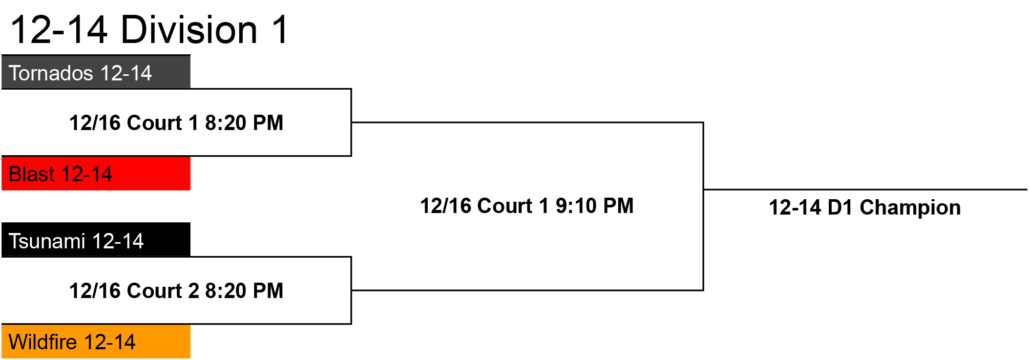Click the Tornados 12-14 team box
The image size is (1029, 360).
tap(96, 72)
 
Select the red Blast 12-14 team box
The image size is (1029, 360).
tap(96, 173)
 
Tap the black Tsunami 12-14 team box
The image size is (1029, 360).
tap(96, 240)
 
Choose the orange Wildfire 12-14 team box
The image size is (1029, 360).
tap(96, 342)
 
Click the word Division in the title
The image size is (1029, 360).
tap(189, 30)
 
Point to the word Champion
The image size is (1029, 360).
tap(910, 208)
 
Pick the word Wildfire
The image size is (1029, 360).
tap(43, 342)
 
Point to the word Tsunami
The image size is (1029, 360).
tap(47, 241)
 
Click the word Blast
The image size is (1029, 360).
tap(32, 174)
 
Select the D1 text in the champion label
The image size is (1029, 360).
tap(841, 208)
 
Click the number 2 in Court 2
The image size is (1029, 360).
tap(194, 291)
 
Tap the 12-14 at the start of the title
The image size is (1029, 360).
tap(59, 30)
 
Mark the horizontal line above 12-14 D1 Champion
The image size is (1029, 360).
tap(866, 189)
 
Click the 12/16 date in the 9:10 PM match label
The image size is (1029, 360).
tap(445, 206)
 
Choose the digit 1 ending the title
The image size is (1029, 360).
tap(281, 30)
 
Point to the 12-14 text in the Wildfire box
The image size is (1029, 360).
tap(110, 342)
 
